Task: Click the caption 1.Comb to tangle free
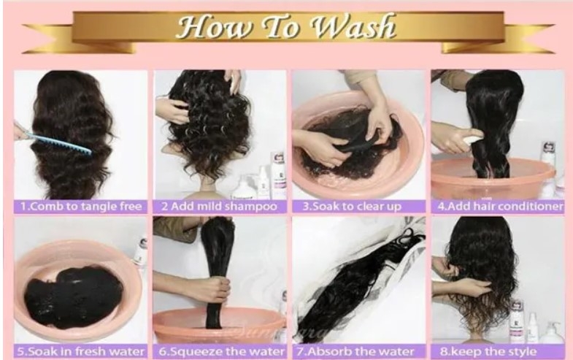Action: (80, 207)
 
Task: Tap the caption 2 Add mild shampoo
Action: (219, 207)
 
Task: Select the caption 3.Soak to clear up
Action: (358, 207)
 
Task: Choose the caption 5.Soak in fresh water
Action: (80, 351)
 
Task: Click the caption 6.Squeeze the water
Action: (219, 351)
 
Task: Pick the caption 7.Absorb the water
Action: (358, 351)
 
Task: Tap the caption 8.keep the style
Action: (499, 351)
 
